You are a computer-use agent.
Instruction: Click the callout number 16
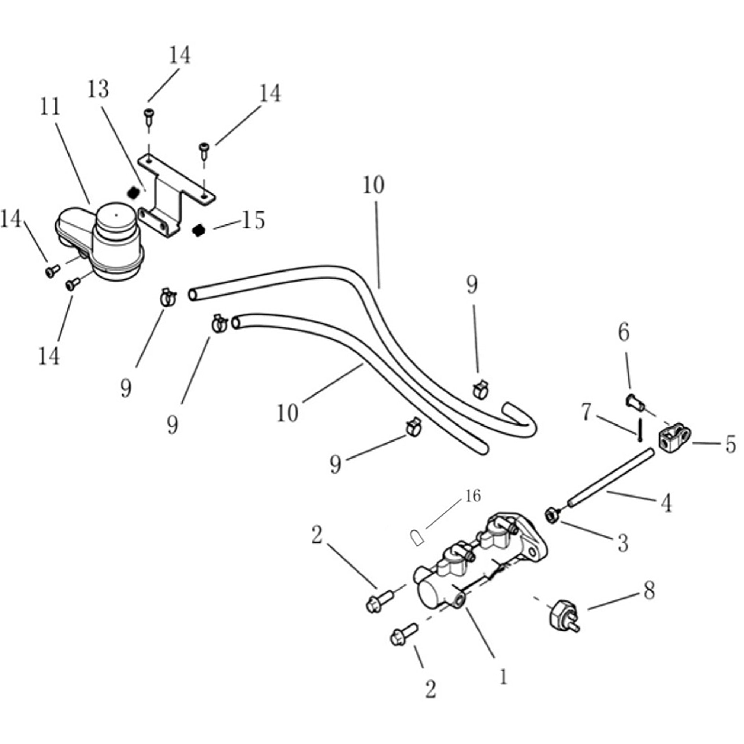473,496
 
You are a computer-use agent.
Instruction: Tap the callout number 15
253,220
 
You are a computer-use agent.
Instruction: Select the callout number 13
98,89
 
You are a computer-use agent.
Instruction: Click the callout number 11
50,107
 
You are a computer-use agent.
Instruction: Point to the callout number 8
649,590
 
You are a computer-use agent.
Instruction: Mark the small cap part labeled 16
416,538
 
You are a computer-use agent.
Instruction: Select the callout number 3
623,543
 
